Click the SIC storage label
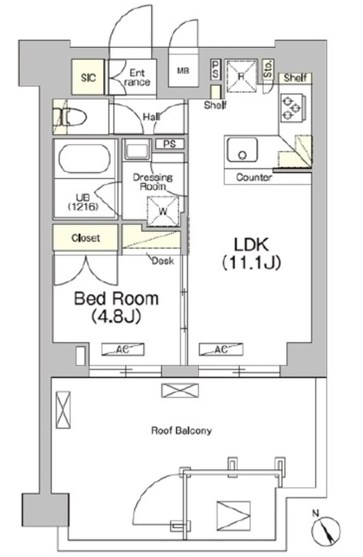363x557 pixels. click(x=88, y=77)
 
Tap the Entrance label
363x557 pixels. click(x=137, y=77)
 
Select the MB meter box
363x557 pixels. click(x=183, y=70)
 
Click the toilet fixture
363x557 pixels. click(x=70, y=117)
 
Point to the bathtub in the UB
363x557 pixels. click(x=85, y=159)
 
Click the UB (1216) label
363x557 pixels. click(x=83, y=202)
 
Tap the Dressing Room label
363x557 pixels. click(x=153, y=182)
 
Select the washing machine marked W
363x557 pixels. click(x=163, y=211)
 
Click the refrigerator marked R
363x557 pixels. click(x=241, y=76)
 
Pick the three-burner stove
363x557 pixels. click(x=292, y=107)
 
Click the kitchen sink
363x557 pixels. click(x=243, y=150)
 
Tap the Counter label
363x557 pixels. click(x=254, y=177)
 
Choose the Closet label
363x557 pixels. click(x=85, y=238)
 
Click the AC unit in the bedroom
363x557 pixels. click(x=123, y=349)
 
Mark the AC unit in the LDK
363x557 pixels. click(x=221, y=349)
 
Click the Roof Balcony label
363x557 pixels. click(x=181, y=431)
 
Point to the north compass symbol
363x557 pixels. click(x=325, y=530)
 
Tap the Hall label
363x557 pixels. click(x=151, y=116)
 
